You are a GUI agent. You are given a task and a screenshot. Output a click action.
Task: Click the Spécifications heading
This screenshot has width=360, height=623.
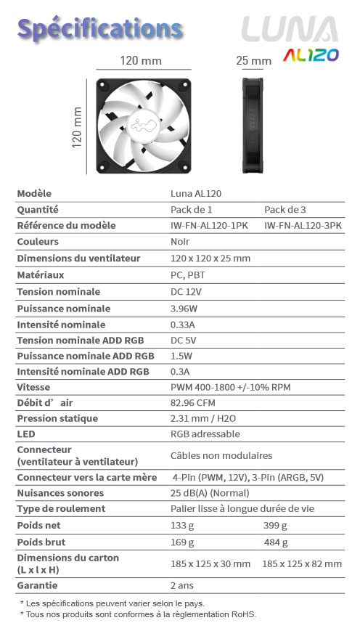[x=99, y=29]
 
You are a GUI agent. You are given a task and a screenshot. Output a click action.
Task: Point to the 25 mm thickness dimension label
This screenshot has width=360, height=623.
[x=254, y=61]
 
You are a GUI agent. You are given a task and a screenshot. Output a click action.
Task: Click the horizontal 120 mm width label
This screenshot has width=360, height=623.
[x=141, y=61]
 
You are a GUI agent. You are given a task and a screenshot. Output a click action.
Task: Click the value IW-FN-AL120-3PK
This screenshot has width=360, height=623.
[x=303, y=226]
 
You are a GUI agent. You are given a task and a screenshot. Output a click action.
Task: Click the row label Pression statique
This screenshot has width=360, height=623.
[x=57, y=419]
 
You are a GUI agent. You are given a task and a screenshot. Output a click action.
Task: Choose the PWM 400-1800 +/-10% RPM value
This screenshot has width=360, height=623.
[x=230, y=387]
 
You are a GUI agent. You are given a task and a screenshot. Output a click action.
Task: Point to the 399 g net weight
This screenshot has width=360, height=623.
[x=275, y=525]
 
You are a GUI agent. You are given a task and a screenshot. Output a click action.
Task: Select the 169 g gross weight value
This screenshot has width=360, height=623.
[x=182, y=542]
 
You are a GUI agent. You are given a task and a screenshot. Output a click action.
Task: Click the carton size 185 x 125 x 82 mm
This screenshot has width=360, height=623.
[x=302, y=563]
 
